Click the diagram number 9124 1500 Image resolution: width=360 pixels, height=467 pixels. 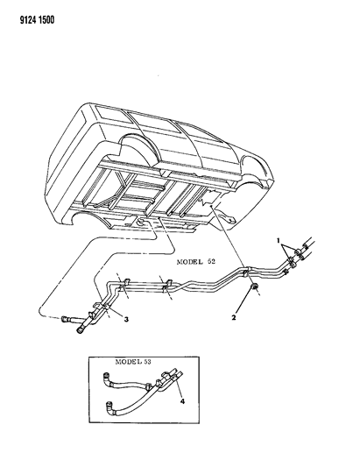37,20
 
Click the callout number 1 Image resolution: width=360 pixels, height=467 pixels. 279,240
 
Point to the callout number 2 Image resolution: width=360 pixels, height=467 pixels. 234,317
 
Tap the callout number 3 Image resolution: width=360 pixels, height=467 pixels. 126,319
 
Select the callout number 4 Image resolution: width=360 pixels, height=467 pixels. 182,401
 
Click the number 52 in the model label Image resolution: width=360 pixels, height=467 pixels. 211,261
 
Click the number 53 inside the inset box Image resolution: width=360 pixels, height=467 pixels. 147,362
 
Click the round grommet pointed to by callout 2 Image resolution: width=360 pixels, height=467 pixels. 254,287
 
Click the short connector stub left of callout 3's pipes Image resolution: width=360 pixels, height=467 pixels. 67,319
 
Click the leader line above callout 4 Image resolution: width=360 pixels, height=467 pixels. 177,387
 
